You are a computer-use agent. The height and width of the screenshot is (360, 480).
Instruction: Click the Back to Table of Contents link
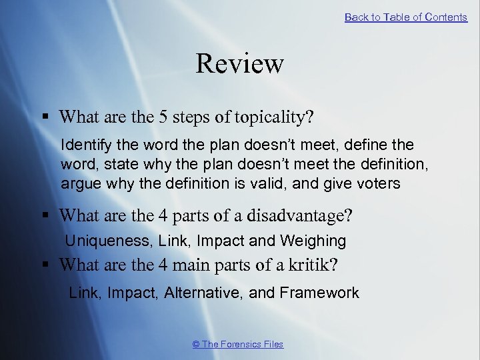pos(405,17)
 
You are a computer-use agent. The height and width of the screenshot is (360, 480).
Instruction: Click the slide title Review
pos(240,64)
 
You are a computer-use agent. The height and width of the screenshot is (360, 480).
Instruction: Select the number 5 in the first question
pos(163,117)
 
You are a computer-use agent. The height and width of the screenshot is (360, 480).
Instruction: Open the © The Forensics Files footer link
pos(237,344)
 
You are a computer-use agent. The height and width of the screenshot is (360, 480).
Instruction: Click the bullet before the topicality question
pos(45,117)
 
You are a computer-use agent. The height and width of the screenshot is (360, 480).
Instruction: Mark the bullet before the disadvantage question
pos(45,216)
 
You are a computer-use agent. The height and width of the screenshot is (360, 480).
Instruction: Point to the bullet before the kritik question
pos(45,265)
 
